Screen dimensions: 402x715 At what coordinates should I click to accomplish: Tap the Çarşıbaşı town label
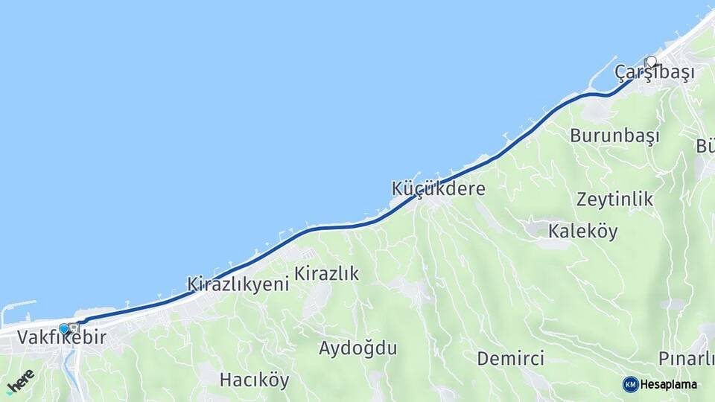(655, 73)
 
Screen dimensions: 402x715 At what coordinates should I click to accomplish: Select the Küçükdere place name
(438, 189)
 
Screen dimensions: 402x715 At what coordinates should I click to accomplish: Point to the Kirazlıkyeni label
(238, 284)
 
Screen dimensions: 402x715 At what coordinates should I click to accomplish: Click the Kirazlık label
(326, 274)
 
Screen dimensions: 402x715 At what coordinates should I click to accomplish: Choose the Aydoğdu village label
(357, 348)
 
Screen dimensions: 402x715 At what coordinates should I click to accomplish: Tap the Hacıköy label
(254, 380)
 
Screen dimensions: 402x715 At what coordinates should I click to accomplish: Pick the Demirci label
(510, 359)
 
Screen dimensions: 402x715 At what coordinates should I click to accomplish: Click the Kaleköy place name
(582, 232)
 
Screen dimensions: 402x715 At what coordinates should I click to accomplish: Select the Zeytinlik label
(614, 200)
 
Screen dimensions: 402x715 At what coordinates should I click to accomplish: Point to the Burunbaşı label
(615, 136)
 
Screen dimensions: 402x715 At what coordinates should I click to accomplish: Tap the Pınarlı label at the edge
(686, 359)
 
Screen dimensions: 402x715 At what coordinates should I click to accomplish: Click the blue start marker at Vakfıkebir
(64, 328)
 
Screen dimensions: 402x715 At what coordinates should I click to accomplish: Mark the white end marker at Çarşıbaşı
(652, 62)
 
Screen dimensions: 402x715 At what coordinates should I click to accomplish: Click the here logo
(20, 380)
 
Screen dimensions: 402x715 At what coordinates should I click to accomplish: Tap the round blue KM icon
(630, 384)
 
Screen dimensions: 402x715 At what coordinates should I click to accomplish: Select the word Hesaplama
(669, 384)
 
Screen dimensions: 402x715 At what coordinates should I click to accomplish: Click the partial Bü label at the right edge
(705, 145)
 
